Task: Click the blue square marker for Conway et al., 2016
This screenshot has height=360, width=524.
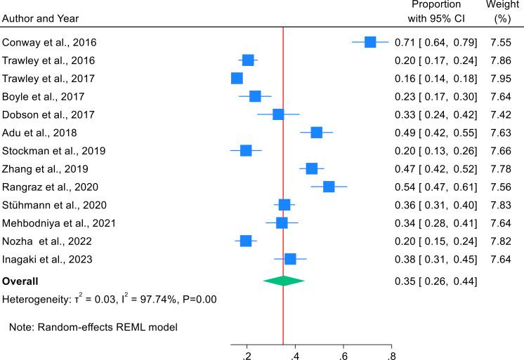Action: click(370, 42)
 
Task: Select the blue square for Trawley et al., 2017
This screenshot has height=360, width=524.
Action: click(237, 78)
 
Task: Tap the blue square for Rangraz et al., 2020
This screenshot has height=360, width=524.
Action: click(329, 187)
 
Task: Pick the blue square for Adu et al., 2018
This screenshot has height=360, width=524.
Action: click(316, 132)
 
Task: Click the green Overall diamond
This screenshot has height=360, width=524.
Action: click(284, 281)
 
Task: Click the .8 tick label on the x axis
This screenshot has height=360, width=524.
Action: click(391, 354)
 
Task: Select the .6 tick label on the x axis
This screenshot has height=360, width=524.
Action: click(343, 354)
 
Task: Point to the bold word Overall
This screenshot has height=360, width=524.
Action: click(20, 281)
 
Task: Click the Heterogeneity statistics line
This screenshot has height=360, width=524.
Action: click(109, 299)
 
